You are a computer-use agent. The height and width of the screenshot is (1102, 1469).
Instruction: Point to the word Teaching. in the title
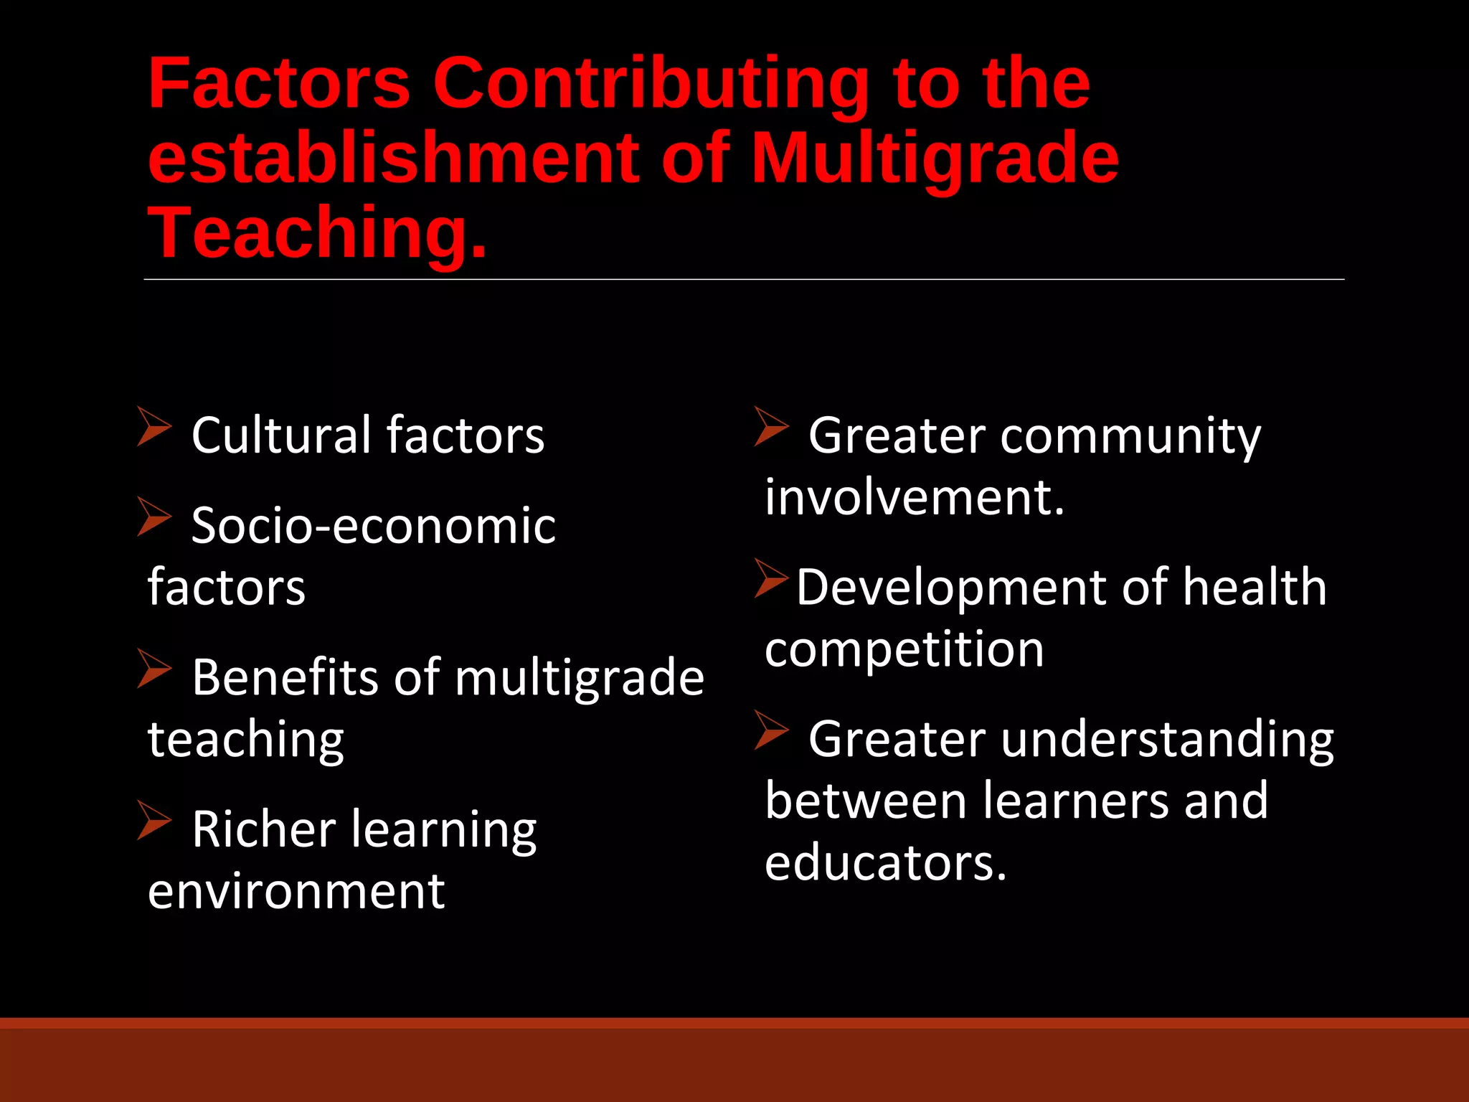[x=317, y=232]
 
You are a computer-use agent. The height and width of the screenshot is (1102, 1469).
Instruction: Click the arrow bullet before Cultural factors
[x=153, y=426]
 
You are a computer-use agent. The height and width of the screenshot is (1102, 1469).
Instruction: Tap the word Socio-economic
[x=373, y=525]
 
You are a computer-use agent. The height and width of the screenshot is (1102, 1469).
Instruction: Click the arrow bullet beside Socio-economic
[x=153, y=517]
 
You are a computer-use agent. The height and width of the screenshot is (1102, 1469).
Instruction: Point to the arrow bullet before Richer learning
[x=153, y=820]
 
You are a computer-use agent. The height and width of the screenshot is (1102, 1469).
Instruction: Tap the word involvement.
[x=914, y=496]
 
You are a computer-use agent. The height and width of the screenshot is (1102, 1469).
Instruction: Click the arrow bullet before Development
[x=771, y=578]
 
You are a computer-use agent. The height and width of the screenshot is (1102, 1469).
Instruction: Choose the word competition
[x=904, y=649]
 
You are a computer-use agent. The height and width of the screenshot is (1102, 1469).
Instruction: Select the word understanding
[x=1167, y=739]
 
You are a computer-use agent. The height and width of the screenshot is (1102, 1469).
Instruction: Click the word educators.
[x=885, y=862]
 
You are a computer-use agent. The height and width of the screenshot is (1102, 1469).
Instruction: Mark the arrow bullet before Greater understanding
[x=771, y=730]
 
